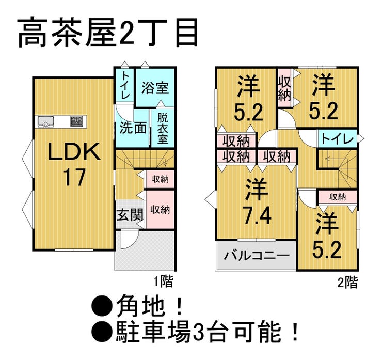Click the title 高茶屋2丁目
(x=108, y=33)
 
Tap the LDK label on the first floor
(x=74, y=152)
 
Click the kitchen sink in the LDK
(x=45, y=121)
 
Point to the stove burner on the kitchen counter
(x=77, y=121)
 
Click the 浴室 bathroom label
(x=155, y=88)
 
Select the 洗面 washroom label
(x=133, y=128)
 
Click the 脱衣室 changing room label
(x=163, y=129)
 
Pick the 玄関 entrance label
(x=130, y=215)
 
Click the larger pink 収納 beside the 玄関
(x=160, y=209)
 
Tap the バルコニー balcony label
(x=257, y=256)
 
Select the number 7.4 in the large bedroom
(x=257, y=216)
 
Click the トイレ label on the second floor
(x=338, y=139)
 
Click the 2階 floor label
(x=347, y=283)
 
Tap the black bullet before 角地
(x=101, y=306)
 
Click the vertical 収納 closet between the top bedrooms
(x=284, y=88)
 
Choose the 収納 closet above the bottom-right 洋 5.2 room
(x=338, y=197)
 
